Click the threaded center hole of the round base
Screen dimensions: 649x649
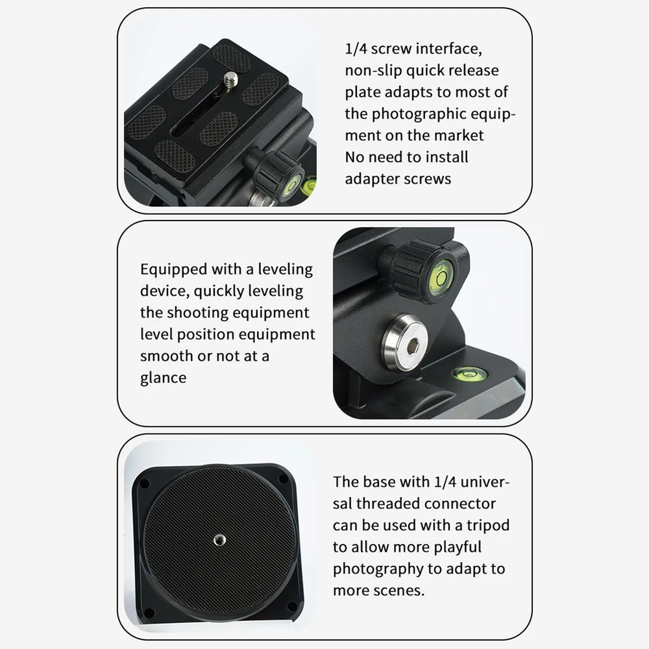219,540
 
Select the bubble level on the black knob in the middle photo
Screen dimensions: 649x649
441,278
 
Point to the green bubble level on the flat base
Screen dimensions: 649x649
469,374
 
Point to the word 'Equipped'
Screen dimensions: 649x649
174,270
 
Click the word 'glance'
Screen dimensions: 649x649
163,378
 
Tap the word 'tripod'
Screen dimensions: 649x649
488,526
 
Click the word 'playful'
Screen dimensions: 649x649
458,547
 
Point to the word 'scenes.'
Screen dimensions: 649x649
400,591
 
